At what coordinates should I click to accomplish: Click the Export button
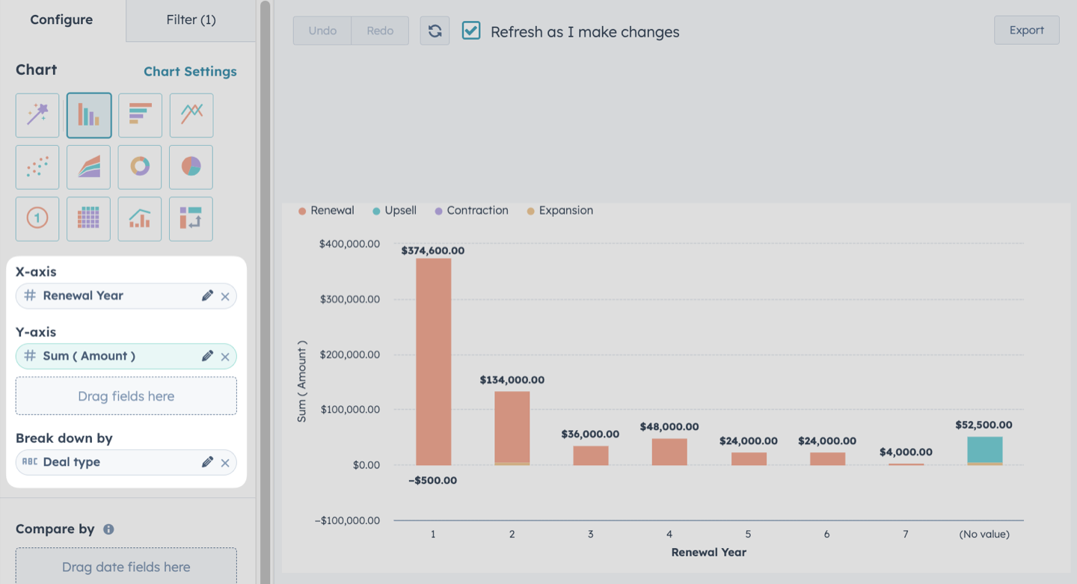point(1026,30)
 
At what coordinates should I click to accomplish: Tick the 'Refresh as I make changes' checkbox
point(471,30)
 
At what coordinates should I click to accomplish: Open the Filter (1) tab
point(191,19)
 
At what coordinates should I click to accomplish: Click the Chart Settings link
point(191,71)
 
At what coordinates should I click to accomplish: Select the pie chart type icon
point(191,167)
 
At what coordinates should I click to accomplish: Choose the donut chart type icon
point(140,167)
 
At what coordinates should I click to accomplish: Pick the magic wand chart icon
point(37,115)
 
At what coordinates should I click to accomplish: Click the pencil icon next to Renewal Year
point(207,295)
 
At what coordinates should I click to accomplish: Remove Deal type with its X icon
point(225,463)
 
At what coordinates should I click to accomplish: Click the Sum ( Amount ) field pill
point(126,356)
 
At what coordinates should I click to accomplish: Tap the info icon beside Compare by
point(108,529)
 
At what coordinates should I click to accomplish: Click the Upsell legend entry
point(395,211)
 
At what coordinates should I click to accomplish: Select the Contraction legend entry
point(472,211)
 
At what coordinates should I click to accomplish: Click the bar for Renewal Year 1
point(434,362)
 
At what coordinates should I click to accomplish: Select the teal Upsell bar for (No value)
point(985,449)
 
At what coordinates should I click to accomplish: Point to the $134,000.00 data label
point(512,380)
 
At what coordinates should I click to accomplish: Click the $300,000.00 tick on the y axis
point(350,299)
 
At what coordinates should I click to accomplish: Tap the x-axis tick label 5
point(748,534)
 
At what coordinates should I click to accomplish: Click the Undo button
point(322,31)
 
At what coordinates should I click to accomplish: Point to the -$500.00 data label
point(433,480)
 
